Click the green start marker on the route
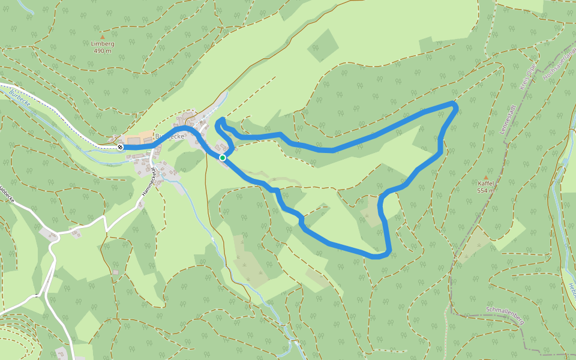[223, 158]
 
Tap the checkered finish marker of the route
[121, 147]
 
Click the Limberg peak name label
[103, 44]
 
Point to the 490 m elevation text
[103, 51]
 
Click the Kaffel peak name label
[485, 184]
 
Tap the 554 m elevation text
[485, 191]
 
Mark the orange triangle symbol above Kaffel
[485, 177]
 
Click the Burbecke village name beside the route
[170, 136]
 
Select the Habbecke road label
[6, 196]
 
